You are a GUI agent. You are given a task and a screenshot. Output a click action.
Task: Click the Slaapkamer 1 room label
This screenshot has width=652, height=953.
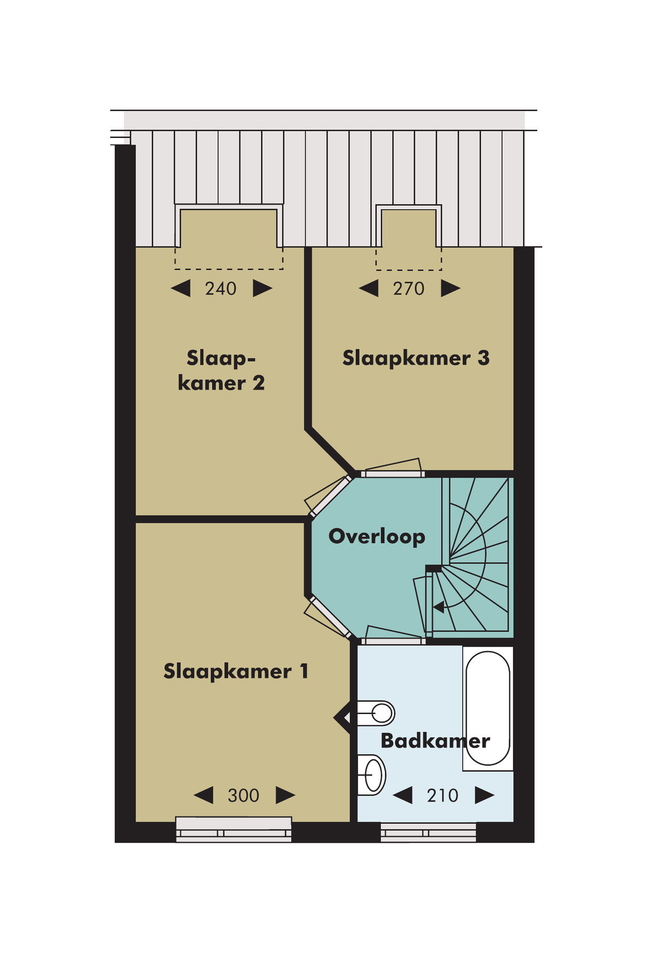click(236, 672)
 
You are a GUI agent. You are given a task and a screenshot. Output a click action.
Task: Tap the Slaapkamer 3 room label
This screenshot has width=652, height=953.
click(416, 358)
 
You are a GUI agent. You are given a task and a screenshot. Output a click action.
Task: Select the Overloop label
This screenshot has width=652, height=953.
click(377, 537)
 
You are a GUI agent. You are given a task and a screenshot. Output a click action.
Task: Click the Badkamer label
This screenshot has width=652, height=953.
click(435, 741)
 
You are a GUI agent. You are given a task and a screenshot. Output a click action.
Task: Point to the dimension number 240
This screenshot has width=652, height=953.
click(221, 289)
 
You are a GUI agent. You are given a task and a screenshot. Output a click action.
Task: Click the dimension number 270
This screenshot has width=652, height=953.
click(409, 289)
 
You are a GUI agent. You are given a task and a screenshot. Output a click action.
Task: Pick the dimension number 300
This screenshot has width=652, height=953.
click(243, 796)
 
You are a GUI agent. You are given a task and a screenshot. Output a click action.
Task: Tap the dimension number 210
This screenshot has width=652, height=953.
click(442, 796)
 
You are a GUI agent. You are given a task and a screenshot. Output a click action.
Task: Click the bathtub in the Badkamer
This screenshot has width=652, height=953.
click(488, 708)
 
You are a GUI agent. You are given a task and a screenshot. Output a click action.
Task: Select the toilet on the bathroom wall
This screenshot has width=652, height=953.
click(377, 713)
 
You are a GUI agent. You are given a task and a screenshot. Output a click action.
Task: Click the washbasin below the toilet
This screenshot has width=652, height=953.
click(373, 775)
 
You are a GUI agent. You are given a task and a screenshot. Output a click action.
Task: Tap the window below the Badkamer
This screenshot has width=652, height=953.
click(428, 832)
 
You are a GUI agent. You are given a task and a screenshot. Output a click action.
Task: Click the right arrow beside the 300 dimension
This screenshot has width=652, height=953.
click(285, 796)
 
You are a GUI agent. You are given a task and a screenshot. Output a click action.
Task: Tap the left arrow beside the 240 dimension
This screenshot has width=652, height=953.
click(181, 288)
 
